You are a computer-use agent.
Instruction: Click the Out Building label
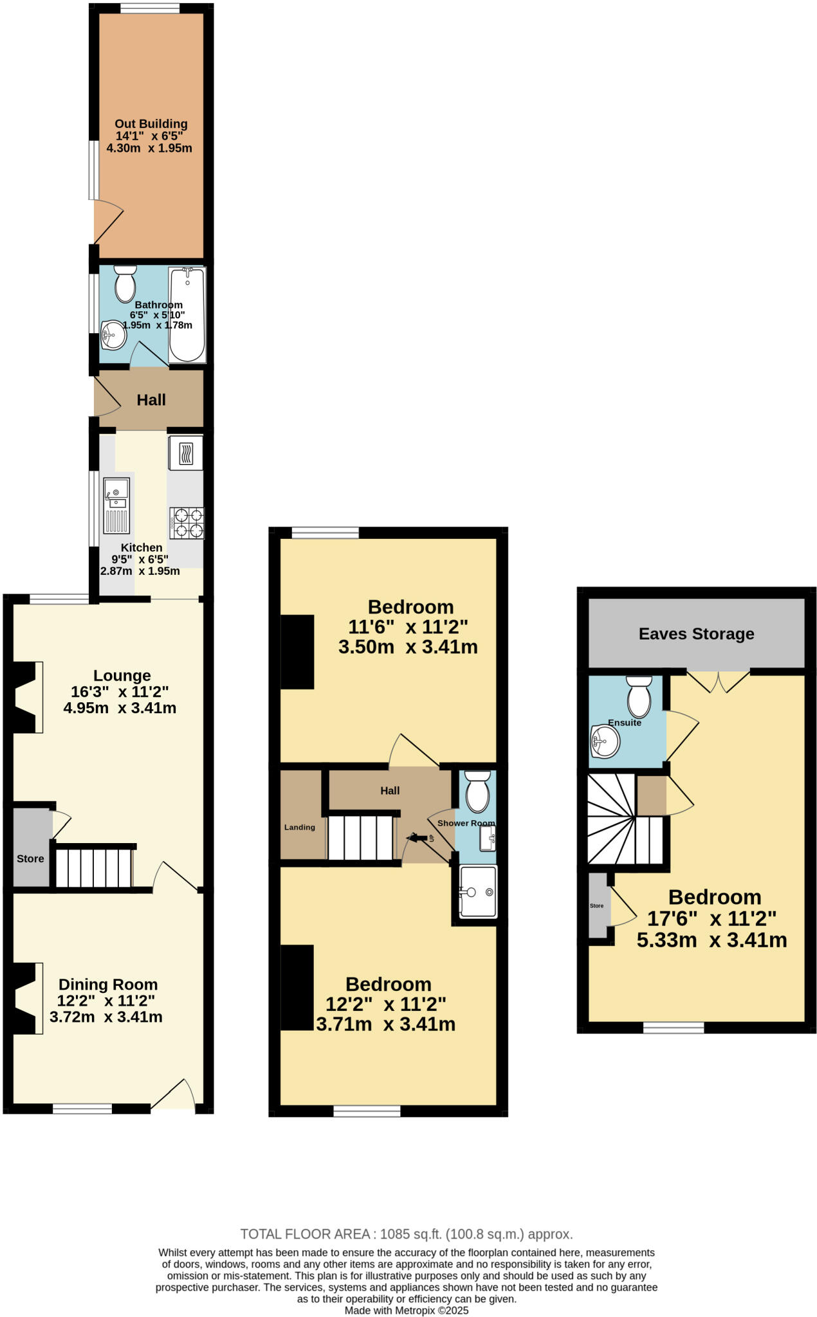click(x=151, y=124)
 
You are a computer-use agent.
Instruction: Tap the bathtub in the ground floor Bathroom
click(x=187, y=314)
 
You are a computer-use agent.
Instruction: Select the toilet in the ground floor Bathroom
click(x=125, y=284)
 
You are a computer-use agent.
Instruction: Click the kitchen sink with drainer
click(x=117, y=506)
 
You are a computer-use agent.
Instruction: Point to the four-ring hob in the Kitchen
click(x=187, y=523)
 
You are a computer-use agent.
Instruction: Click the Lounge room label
click(x=122, y=675)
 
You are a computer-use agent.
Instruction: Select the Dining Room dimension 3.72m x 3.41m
click(x=106, y=1017)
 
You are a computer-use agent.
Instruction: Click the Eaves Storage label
click(x=696, y=634)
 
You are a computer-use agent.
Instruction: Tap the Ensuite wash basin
click(x=605, y=742)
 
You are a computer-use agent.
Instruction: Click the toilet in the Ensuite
click(x=639, y=698)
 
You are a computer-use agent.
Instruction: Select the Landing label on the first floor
click(x=300, y=828)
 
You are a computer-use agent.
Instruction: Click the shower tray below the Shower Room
click(x=477, y=891)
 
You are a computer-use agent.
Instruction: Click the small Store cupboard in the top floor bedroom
click(x=598, y=905)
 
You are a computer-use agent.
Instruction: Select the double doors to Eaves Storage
click(x=718, y=682)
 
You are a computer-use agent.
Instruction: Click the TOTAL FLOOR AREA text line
click(x=406, y=1234)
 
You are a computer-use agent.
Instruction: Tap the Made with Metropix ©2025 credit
click(x=406, y=1310)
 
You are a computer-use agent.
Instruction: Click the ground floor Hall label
click(x=151, y=400)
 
